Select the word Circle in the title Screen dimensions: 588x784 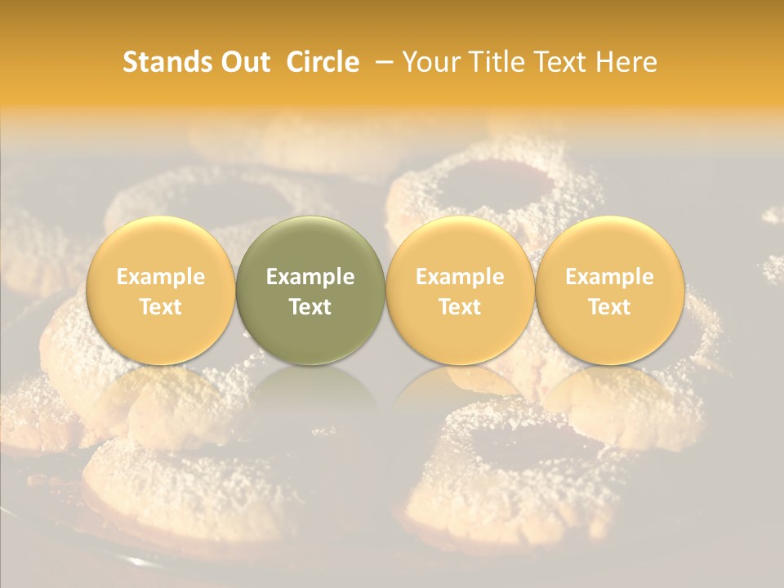pyautogui.click(x=323, y=62)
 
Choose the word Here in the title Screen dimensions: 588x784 pyautogui.click(x=628, y=62)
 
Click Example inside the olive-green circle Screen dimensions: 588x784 pyautogui.click(x=310, y=277)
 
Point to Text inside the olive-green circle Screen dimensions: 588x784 pyautogui.click(x=310, y=307)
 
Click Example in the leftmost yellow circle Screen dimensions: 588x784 pyautogui.click(x=161, y=277)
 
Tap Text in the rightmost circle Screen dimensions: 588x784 pyautogui.click(x=609, y=307)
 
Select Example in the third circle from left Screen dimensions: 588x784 pyautogui.click(x=460, y=277)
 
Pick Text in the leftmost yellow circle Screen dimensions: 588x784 pyautogui.click(x=161, y=307)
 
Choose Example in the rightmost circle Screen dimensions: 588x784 pyautogui.click(x=609, y=277)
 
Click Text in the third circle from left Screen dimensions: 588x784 pyautogui.click(x=460, y=307)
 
